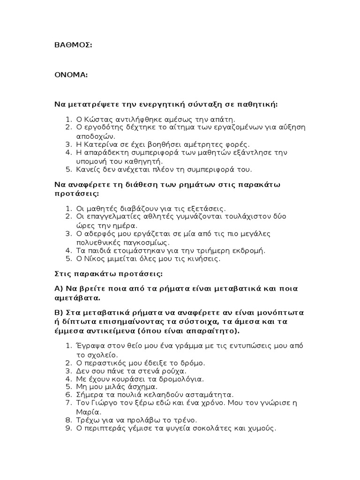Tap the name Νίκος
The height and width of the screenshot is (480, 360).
(93, 259)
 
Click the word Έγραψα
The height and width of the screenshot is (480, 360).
(89, 346)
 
